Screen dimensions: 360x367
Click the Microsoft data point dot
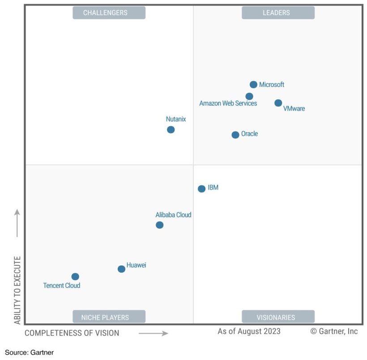(x=253, y=85)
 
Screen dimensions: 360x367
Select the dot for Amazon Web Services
(x=249, y=96)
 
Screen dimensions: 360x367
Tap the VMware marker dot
(x=278, y=103)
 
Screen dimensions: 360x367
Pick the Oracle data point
(x=235, y=135)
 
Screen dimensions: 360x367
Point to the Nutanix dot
(x=171, y=130)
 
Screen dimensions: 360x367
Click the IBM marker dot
(x=201, y=189)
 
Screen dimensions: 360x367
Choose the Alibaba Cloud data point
(x=159, y=225)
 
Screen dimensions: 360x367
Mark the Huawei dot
(x=121, y=269)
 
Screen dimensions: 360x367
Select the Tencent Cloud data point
(x=75, y=277)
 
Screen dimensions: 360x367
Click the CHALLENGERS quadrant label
(x=109, y=13)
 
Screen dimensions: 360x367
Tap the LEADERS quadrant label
(x=278, y=13)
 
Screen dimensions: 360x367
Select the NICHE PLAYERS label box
(x=109, y=317)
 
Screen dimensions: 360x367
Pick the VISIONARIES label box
(x=278, y=317)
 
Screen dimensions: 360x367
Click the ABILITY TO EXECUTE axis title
(x=17, y=290)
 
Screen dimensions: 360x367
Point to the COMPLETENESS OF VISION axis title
(x=72, y=333)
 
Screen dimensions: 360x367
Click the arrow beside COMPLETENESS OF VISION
(x=153, y=333)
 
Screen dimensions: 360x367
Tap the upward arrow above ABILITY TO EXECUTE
(x=17, y=223)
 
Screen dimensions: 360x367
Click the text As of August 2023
(x=249, y=331)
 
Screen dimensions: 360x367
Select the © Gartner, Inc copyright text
(x=334, y=331)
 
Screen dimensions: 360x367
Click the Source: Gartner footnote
(x=29, y=353)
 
